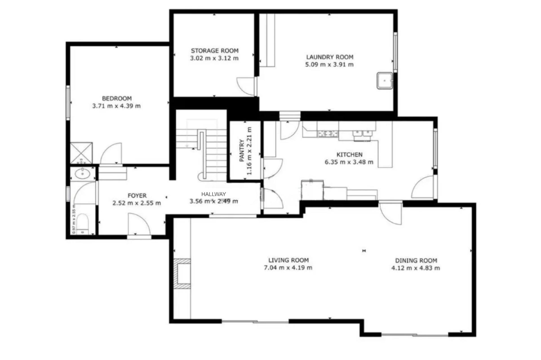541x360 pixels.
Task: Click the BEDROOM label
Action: [117, 99]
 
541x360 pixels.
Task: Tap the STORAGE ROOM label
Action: [215, 51]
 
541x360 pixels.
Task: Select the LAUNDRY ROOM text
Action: [330, 57]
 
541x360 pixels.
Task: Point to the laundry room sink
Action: [385, 81]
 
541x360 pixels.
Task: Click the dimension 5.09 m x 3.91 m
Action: [329, 65]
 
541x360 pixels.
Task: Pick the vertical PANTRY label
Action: [241, 150]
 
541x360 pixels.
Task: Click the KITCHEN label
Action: [349, 155]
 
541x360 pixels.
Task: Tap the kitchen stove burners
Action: [328, 134]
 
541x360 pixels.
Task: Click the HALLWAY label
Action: [214, 194]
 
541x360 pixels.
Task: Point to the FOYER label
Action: [137, 195]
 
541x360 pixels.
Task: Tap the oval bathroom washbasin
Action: [83, 174]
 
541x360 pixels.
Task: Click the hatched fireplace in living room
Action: [182, 274]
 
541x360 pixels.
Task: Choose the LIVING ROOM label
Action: [288, 260]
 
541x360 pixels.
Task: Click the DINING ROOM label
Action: [416, 261]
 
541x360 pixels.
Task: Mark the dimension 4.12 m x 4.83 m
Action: [416, 268]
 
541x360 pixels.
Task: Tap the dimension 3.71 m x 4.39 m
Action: [116, 106]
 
